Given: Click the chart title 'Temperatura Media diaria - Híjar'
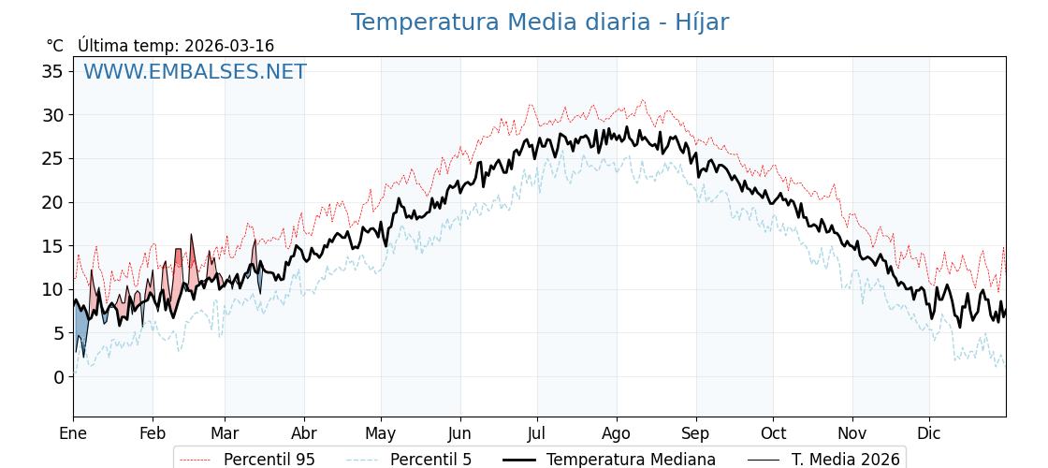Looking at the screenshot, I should [x=539, y=22].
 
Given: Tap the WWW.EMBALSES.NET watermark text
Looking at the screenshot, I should [x=195, y=72].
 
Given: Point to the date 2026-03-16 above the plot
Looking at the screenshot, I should [x=229, y=46].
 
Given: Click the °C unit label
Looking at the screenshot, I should [x=54, y=46].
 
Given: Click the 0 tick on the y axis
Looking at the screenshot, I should [x=58, y=376].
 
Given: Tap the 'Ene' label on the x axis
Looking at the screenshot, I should [x=73, y=433].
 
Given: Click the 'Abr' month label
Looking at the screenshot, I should [x=304, y=433].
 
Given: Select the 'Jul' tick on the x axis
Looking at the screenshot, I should [x=537, y=433].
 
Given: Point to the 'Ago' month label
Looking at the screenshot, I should [x=617, y=433].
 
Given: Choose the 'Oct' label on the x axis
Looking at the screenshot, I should [x=773, y=433].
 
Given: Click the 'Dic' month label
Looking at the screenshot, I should [x=929, y=433].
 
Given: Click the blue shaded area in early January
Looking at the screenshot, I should [x=80, y=329].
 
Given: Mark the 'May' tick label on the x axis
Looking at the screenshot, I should [x=381, y=433].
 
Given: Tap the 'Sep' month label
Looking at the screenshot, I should [x=695, y=433].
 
